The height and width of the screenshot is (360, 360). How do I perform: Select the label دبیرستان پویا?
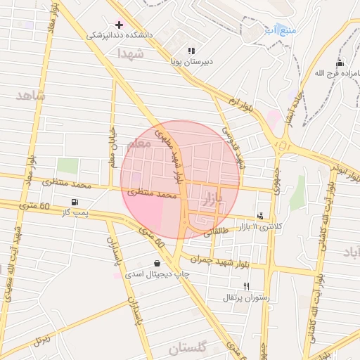(191, 61)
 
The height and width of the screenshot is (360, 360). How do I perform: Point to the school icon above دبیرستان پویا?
(191, 51)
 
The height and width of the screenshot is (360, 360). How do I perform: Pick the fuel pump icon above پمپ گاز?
(84, 202)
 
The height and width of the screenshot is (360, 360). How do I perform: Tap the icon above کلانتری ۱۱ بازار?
(261, 217)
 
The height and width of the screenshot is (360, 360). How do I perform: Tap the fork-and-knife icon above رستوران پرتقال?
(245, 286)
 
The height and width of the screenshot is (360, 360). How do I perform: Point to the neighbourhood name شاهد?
(29, 95)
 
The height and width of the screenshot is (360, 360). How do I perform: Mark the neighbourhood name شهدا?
(131, 53)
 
